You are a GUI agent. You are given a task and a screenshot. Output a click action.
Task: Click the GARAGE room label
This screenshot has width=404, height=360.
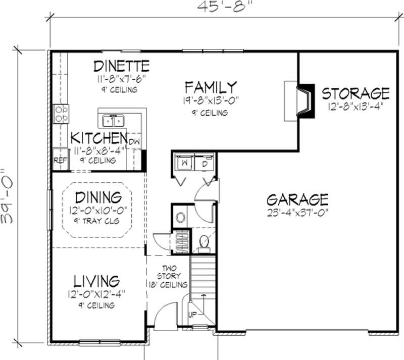point(297,198)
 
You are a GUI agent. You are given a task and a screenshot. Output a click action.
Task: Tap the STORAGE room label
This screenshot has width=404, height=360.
point(356,93)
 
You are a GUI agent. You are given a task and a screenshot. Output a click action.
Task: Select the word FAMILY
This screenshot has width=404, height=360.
point(210,87)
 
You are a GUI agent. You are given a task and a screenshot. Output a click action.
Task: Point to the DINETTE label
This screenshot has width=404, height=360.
point(122,66)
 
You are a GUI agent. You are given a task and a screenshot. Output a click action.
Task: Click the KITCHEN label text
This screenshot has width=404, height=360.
point(98,138)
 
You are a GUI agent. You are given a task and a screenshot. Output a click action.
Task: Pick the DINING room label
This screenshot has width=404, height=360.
point(98,197)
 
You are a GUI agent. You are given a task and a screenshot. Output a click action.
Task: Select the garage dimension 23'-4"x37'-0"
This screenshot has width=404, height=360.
point(297,212)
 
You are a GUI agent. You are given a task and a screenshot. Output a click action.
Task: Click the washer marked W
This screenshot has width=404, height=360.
point(184,164)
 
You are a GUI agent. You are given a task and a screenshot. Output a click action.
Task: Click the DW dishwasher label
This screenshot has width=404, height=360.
point(134,142)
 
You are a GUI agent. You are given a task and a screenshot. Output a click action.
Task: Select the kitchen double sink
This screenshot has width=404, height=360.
point(114,121)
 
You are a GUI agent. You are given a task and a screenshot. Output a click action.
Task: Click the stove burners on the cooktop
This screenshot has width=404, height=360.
point(61,114)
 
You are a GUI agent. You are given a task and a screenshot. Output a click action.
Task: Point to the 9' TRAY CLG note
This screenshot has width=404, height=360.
point(98,221)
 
